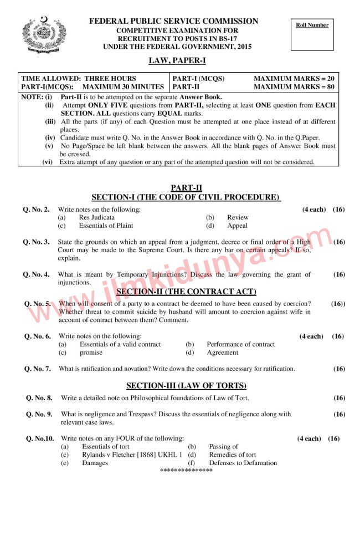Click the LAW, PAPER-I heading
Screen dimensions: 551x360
177,60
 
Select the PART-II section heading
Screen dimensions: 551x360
186,188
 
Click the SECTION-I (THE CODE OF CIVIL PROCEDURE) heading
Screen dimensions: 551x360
186,197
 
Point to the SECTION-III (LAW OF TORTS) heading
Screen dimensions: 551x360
186,385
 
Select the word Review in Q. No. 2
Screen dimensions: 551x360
238,217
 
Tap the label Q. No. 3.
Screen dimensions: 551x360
36,242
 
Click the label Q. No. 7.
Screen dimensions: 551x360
38,369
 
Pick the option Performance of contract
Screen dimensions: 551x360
240,344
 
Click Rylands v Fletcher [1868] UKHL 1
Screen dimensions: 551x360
132,455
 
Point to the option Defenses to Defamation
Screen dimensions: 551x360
243,463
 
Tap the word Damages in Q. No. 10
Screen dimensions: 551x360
95,463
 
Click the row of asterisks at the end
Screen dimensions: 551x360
186,471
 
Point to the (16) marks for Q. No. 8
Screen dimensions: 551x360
339,398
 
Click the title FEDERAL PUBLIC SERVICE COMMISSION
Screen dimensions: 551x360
173,22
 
